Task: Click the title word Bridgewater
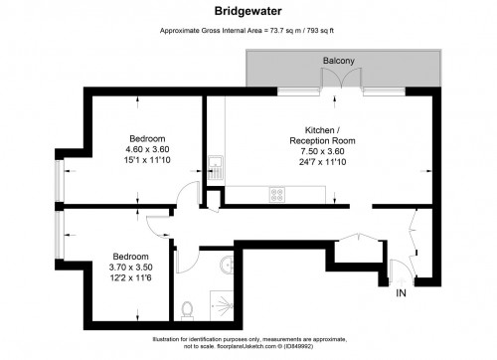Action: (248, 14)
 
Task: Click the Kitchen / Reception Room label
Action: (322, 137)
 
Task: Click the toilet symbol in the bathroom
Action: (188, 308)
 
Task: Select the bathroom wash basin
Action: (228, 265)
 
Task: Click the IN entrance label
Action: (402, 295)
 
